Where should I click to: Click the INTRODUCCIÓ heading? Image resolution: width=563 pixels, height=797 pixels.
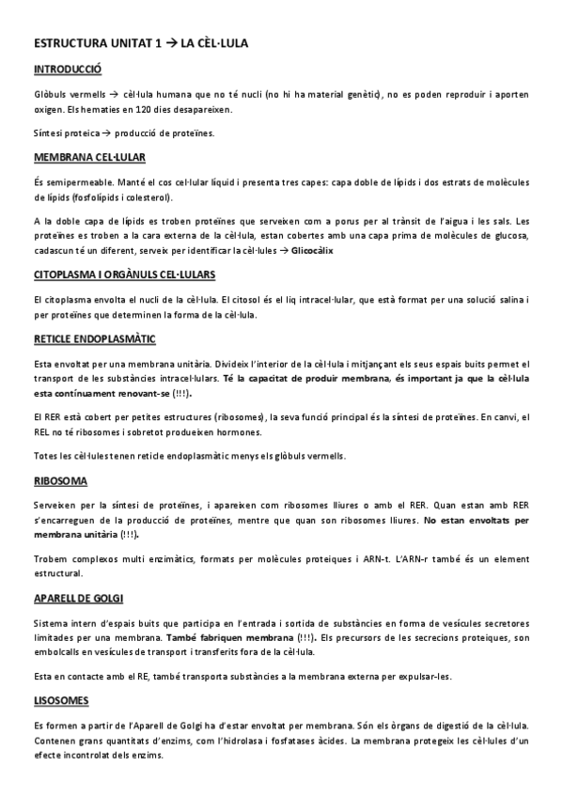(x=68, y=70)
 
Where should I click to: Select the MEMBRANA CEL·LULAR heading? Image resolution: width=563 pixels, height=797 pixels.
(x=89, y=157)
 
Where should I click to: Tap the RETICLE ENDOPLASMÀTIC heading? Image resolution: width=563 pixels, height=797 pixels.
(x=94, y=338)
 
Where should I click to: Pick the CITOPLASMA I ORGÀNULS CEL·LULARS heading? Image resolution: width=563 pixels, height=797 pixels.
(x=124, y=274)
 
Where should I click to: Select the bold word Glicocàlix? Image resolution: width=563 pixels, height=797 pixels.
(x=312, y=251)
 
